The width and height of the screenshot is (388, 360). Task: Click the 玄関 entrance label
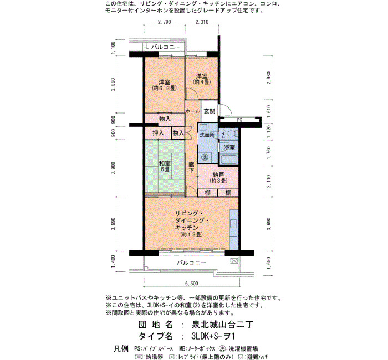[210, 111]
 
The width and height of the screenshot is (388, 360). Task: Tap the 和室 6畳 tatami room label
[165, 166]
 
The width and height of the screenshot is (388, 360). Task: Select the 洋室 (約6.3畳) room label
[164, 85]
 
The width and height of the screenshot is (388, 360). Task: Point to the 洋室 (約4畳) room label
[202, 79]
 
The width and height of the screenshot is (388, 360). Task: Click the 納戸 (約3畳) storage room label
[218, 178]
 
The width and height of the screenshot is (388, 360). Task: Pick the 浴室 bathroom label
[229, 148]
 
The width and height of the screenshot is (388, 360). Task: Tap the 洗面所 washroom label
[207, 135]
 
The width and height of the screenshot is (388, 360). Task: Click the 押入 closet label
[158, 133]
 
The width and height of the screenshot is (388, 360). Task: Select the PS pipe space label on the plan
[239, 120]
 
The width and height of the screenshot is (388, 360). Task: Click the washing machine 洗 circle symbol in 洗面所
[205, 157]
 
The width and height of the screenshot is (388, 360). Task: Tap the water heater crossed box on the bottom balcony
[234, 261]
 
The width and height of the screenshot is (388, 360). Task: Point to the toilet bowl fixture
[232, 134]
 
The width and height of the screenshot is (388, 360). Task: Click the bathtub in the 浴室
[229, 160]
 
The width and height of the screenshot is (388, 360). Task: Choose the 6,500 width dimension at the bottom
[192, 284]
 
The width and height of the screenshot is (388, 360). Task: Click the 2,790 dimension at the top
[164, 22]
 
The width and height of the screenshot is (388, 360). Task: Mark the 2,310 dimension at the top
[202, 22]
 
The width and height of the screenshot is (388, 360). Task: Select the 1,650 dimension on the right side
[269, 263]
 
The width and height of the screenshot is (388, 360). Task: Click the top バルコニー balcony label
[166, 47]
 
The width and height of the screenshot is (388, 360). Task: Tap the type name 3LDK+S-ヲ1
[213, 336]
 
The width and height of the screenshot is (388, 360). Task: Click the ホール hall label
[193, 111]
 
